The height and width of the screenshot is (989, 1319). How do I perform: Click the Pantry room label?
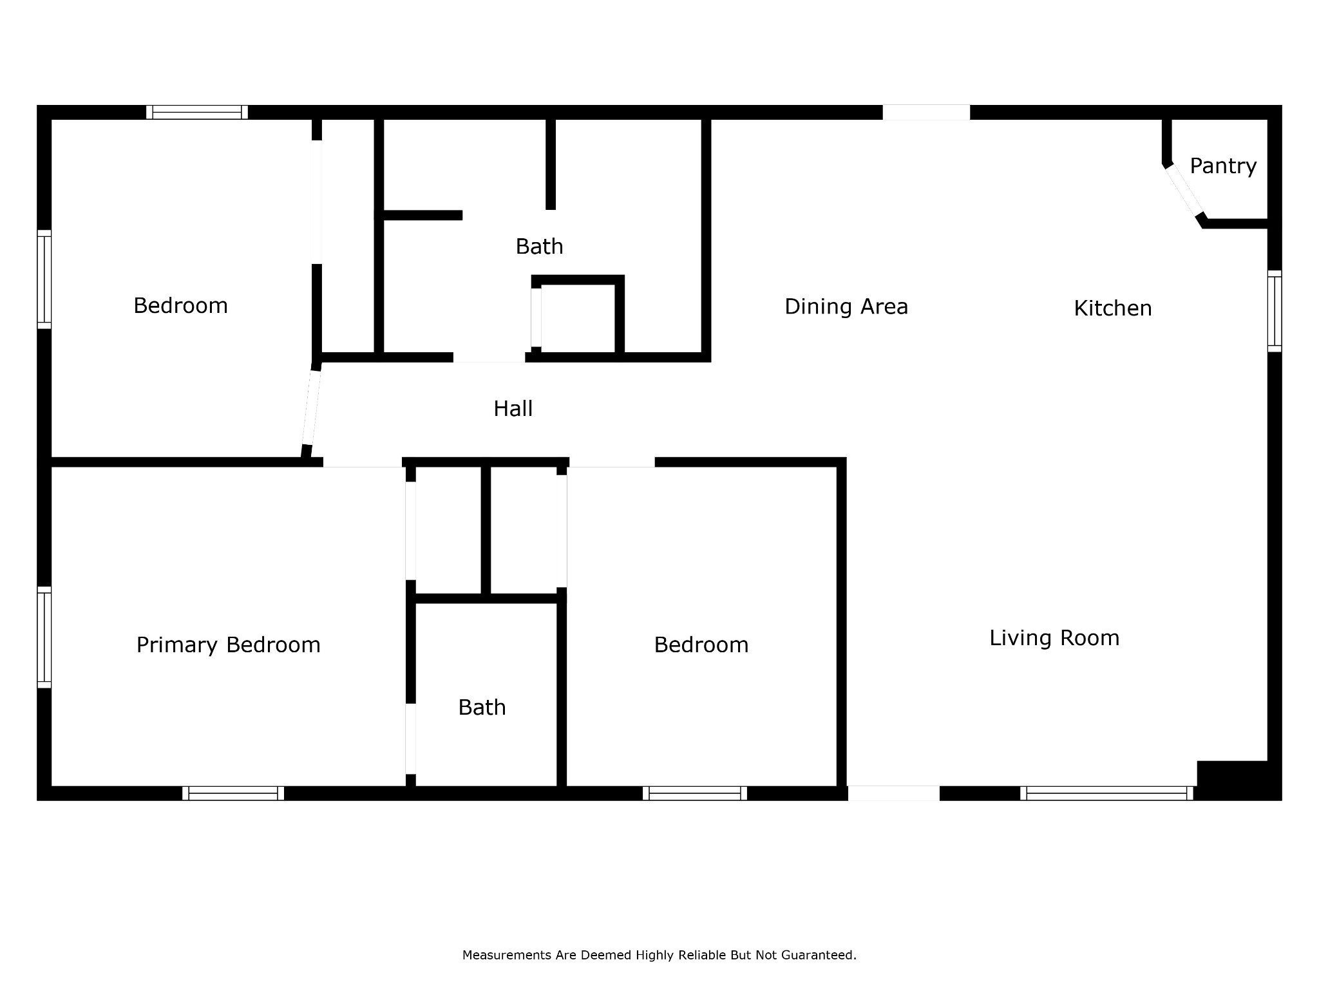pyautogui.click(x=1223, y=166)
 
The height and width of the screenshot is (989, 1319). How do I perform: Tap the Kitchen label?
pyautogui.click(x=1113, y=308)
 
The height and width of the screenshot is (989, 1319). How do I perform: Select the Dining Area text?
pyautogui.click(x=846, y=306)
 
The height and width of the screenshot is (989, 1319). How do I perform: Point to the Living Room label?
pyautogui.click(x=1054, y=638)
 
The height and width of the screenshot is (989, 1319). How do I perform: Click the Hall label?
pyautogui.click(x=513, y=409)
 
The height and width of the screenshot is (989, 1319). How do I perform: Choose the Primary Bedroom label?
pyautogui.click(x=229, y=645)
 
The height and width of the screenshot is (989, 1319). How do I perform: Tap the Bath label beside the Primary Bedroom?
pyautogui.click(x=482, y=708)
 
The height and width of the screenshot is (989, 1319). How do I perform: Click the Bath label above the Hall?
pyautogui.click(x=540, y=247)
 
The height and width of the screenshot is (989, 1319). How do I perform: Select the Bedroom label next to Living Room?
pyautogui.click(x=701, y=645)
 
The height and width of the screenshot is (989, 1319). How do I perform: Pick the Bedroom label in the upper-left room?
pyautogui.click(x=181, y=306)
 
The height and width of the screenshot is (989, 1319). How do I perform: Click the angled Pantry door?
pyautogui.click(x=1184, y=190)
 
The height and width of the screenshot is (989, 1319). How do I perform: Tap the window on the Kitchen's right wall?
pyautogui.click(x=1275, y=312)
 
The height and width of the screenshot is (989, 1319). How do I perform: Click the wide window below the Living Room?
pyautogui.click(x=1106, y=793)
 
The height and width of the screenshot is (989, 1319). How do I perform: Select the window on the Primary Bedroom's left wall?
pyautogui.click(x=44, y=637)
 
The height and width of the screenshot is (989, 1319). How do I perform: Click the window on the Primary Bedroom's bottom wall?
pyautogui.click(x=233, y=793)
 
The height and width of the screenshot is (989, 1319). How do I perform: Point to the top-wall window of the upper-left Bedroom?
pyautogui.click(x=197, y=112)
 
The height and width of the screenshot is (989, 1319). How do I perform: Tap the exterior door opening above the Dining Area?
pyautogui.click(x=926, y=112)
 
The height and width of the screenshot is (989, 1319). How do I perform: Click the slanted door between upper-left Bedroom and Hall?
pyautogui.click(x=311, y=408)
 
